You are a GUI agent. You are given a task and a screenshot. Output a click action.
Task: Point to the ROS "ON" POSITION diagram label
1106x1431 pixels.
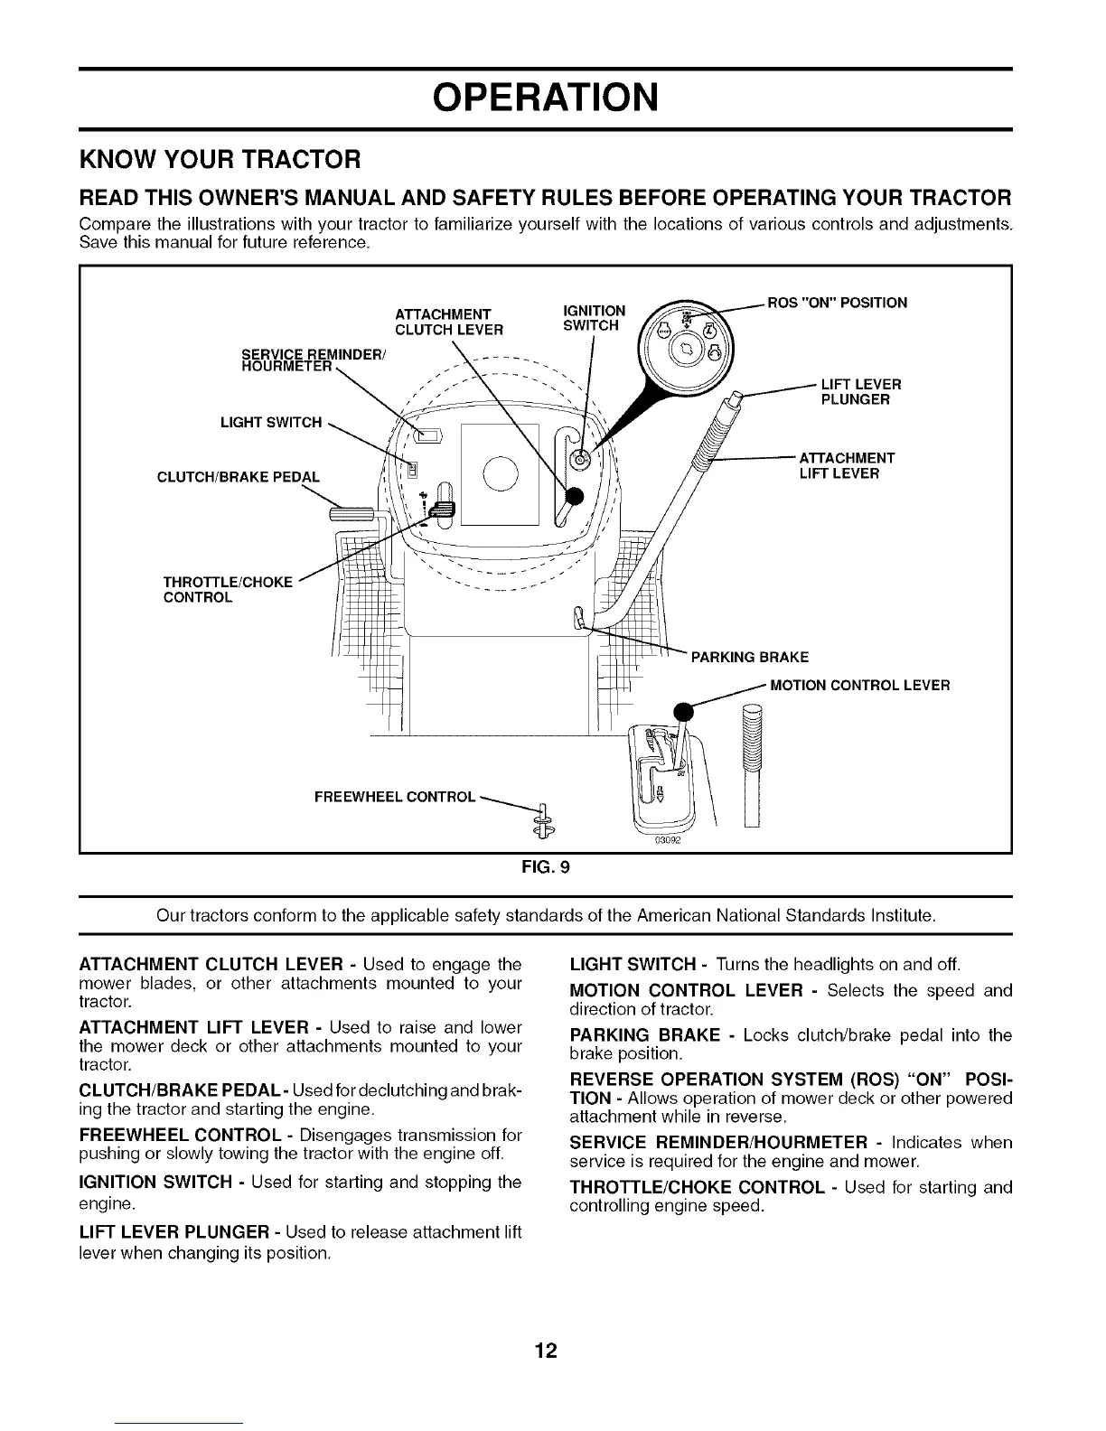837,303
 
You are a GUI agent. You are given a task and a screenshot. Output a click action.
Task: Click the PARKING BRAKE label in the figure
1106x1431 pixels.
749,657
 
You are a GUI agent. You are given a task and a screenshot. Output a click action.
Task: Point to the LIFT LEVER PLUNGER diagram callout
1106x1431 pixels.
860,392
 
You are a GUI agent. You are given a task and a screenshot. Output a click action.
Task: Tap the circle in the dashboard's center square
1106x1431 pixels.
500,473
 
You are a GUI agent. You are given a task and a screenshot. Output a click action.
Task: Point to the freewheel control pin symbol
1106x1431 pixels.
545,818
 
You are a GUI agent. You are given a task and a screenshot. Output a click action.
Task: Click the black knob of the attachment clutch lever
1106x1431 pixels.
575,495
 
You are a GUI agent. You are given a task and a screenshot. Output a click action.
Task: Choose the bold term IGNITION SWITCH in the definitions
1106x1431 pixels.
155,1183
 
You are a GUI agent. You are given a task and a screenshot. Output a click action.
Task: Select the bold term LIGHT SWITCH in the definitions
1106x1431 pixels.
633,965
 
